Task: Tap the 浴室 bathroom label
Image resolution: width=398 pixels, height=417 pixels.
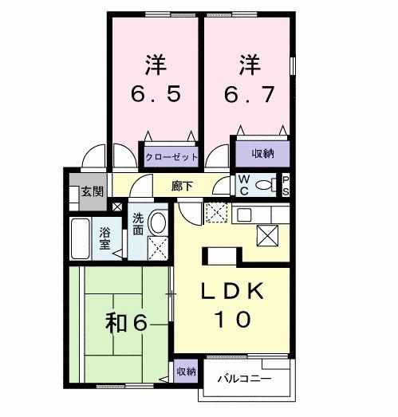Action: tap(105, 238)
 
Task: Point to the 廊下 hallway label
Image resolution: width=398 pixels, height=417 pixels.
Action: tap(182, 186)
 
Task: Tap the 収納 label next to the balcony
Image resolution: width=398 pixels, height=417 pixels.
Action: tap(186, 372)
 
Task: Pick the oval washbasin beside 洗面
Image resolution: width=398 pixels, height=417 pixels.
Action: tap(158, 222)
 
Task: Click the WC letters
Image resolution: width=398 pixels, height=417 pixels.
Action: tap(245, 186)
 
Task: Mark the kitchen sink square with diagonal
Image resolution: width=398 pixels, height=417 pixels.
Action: tap(268, 234)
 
